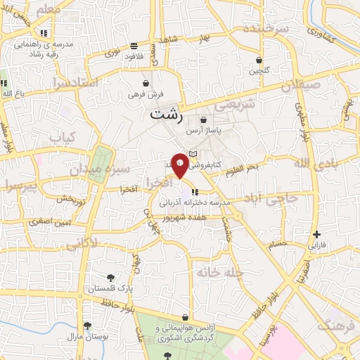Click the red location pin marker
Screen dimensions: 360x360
[181, 165]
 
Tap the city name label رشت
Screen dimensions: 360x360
[165, 115]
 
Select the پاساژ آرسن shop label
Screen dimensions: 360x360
[203, 131]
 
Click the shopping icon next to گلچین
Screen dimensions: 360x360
[259, 60]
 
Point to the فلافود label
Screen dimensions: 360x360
[131, 57]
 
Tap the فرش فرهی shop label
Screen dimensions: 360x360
[146, 93]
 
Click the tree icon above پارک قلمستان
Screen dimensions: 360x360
[111, 277]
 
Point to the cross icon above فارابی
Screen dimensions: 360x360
[317, 235]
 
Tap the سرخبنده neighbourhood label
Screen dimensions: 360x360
[266, 29]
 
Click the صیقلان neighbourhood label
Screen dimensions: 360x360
[300, 86]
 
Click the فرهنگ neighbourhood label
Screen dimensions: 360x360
[333, 326]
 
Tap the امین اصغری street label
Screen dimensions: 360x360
[51, 221]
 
